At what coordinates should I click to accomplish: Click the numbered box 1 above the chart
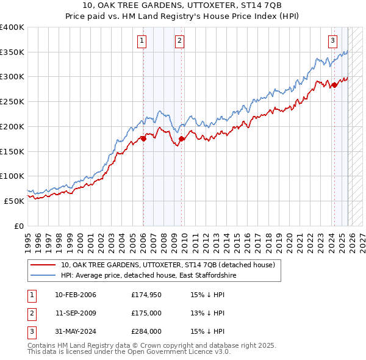[x=142, y=41]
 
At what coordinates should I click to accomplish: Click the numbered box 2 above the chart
[x=180, y=41]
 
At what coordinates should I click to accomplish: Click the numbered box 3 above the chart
[x=332, y=41]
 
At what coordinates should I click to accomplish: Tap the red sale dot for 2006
[x=144, y=139]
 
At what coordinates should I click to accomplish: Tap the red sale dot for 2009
[x=182, y=139]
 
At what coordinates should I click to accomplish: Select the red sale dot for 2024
[x=334, y=85]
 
